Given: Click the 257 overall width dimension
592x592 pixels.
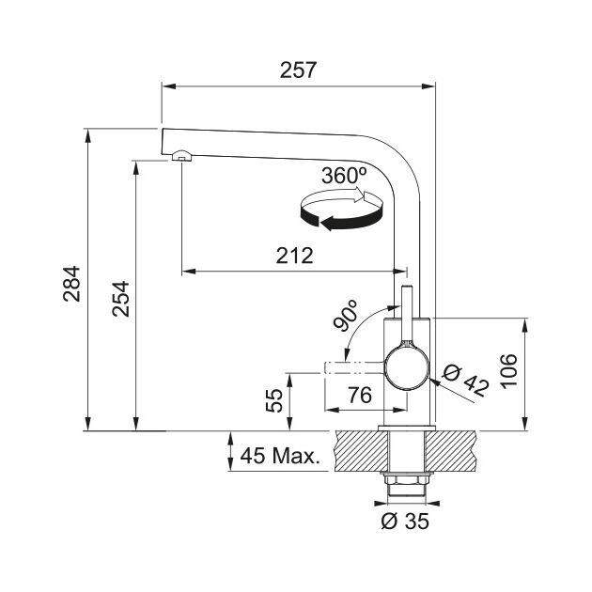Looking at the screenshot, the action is point(298,70).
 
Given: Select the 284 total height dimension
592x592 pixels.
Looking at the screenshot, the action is point(71,284).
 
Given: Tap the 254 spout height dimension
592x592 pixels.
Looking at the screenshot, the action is point(121,298).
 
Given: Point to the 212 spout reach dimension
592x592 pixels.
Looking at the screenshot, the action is point(294,256).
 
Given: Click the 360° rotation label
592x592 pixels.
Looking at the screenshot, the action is point(344,176).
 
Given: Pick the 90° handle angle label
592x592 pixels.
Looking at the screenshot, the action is point(346,316).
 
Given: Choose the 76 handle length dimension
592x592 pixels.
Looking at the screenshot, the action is point(359,396).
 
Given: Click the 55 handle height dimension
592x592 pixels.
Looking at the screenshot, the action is point(274,400).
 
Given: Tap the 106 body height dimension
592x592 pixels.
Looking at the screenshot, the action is point(508,370).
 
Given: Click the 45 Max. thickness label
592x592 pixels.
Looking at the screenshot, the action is point(280,456).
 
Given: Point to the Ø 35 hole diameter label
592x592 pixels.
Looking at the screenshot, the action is point(405,522).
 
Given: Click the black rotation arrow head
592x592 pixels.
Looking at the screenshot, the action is point(328,223).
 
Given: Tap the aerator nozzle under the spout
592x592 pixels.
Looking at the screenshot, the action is point(182,156).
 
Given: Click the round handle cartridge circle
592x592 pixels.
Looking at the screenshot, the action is point(407,368).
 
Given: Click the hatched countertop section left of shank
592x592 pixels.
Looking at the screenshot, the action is point(361,451).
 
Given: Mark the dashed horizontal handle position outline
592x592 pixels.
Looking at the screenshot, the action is point(353,367).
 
